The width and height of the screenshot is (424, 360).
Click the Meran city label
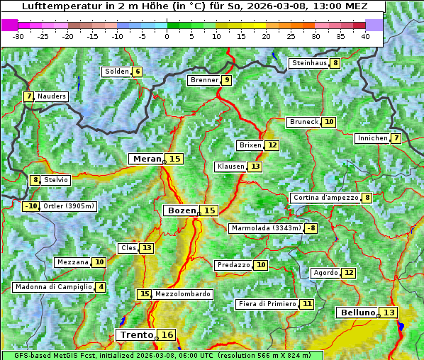pos(147,159)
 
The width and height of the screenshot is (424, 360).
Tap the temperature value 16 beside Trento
pos(167,334)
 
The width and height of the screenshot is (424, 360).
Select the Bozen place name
pos(181,210)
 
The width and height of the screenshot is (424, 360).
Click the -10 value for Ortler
pos(30,206)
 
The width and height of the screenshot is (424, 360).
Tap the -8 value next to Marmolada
pos(311,228)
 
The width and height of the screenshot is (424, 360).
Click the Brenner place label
pos(204,80)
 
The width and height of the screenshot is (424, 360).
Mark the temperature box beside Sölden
pos(138,72)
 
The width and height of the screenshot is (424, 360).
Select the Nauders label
pos(51,96)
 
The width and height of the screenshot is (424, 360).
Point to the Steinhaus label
pos(309,63)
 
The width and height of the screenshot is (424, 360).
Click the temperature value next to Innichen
pos(396,138)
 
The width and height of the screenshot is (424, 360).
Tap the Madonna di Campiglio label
pos(53,287)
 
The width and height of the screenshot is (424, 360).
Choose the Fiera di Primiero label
pos(267,304)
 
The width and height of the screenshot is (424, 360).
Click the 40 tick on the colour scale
pos(365,36)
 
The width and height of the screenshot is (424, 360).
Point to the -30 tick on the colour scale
pos(18,36)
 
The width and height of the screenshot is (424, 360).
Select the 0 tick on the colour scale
pos(167,36)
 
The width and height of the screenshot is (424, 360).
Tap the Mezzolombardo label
pos(182,294)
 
